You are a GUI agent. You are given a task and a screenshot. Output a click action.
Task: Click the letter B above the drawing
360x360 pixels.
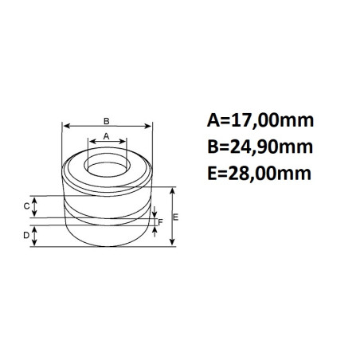pos(106,121)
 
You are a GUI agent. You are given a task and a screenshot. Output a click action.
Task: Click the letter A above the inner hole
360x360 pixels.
pos(106,136)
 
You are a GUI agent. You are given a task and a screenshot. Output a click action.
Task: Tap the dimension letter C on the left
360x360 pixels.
pos(26,206)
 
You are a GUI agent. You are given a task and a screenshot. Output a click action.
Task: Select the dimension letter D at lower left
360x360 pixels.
pos(26,235)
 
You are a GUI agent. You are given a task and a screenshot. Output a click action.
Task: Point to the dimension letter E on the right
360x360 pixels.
pos(175,217)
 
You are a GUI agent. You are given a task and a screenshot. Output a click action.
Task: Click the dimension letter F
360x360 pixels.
pos(160,222)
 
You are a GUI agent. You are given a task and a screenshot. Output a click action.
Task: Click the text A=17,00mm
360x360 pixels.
pos(260,120)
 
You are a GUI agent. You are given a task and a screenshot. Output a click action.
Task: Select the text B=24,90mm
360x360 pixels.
pos(260,147)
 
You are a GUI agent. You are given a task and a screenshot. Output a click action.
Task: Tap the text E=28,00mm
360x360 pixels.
pos(259,174)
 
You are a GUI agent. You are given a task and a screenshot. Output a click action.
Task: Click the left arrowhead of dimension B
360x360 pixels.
pos(66,126)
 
